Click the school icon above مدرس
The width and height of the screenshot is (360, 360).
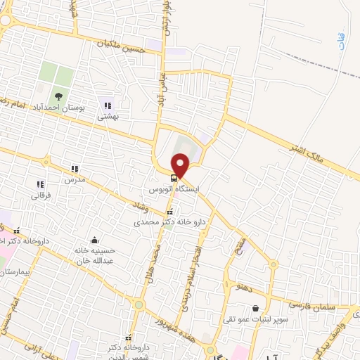point(75,169)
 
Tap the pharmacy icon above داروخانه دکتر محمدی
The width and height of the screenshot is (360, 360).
point(169,211)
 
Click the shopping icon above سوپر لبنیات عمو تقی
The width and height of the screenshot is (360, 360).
point(255,308)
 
